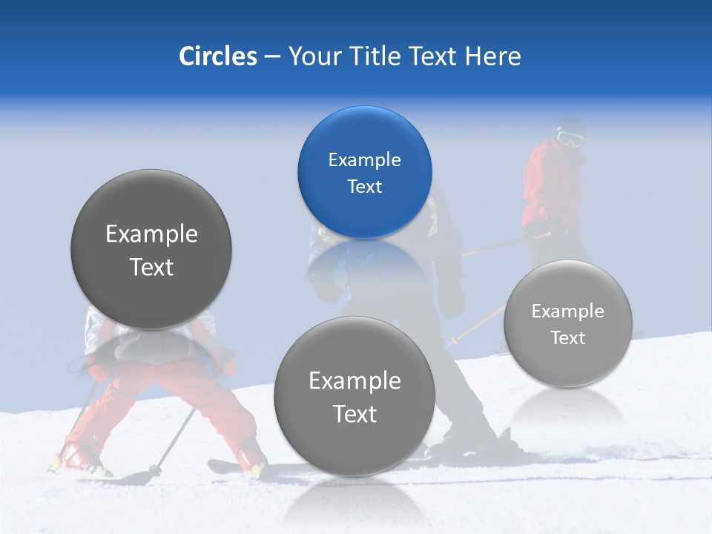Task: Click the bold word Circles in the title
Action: [x=217, y=56]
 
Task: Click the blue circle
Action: [x=364, y=172]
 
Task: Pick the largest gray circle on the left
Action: [x=151, y=250]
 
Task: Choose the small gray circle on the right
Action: [x=567, y=323]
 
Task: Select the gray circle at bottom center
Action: [x=355, y=396]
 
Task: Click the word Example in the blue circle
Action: [x=364, y=159]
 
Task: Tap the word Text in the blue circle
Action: [x=364, y=186]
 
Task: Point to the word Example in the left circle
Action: [x=151, y=234]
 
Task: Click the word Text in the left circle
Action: [x=151, y=267]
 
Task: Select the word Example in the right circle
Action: [x=567, y=311]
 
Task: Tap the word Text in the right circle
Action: [x=567, y=338]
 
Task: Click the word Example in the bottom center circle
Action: [x=355, y=381]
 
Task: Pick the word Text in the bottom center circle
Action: [x=355, y=414]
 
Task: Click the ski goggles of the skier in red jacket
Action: [x=569, y=137]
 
